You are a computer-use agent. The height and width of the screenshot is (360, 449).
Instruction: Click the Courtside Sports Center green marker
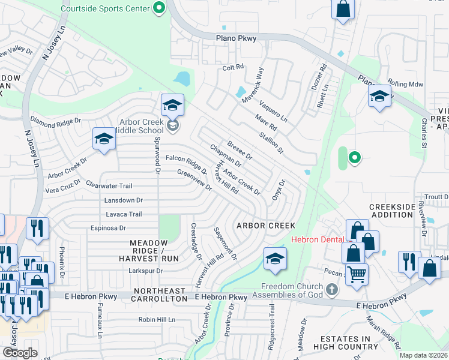tap(159, 8)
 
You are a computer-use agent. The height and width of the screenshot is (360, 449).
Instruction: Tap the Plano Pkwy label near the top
tap(237, 38)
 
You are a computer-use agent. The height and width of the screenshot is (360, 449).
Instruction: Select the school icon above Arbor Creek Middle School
tap(172, 106)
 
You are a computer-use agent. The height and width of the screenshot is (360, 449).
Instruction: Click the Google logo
tap(20, 353)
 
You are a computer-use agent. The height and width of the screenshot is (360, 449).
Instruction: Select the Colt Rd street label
tap(233, 68)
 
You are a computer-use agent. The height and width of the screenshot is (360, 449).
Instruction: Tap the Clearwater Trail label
tap(109, 185)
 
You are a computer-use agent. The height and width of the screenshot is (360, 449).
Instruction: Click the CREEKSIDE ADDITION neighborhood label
tap(393, 210)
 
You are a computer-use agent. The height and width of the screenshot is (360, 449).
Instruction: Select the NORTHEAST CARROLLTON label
tap(160, 298)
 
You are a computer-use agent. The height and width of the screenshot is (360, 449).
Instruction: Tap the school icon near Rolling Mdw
tap(379, 97)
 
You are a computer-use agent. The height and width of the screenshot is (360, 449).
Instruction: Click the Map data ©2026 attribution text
tap(423, 355)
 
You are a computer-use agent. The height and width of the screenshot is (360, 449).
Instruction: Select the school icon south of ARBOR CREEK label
tap(275, 259)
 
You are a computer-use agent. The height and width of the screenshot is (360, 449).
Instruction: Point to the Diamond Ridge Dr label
tap(55, 121)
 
